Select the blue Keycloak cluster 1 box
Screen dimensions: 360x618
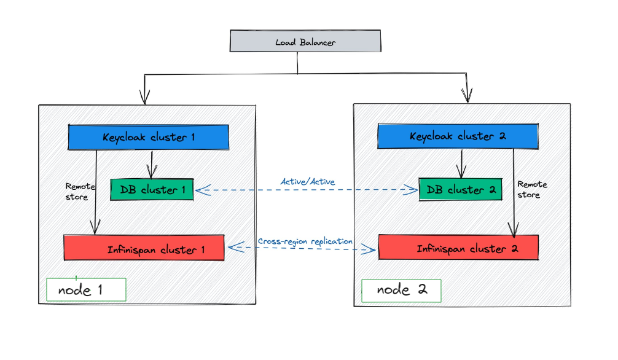click(148, 137)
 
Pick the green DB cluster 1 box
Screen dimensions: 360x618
click(152, 190)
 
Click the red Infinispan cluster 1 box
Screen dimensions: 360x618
click(144, 249)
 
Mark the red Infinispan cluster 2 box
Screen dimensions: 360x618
click(458, 248)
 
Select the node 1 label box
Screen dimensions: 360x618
click(86, 290)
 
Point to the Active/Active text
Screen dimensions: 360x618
click(307, 181)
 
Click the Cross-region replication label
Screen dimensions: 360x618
click(305, 241)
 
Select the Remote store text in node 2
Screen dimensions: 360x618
click(531, 189)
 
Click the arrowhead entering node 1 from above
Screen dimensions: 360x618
click(145, 98)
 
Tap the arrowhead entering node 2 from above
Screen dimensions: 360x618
click(467, 95)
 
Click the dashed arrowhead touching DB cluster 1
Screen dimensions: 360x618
click(200, 191)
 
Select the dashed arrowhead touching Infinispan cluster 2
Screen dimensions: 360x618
click(370, 249)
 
